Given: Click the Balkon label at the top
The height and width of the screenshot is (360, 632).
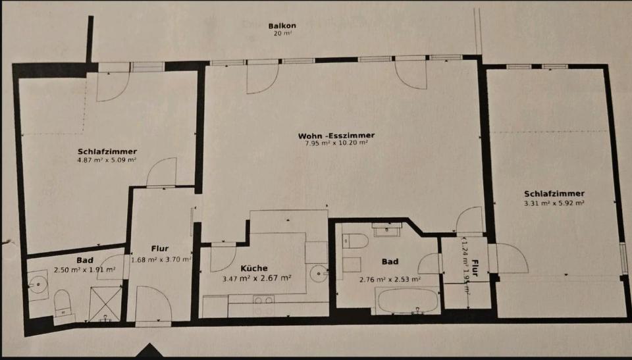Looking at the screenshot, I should coord(282,26).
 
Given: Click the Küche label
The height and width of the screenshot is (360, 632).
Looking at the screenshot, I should coord(253,268).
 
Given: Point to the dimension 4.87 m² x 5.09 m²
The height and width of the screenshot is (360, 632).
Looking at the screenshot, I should coord(107,159).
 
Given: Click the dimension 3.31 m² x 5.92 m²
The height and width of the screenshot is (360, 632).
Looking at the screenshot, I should coord(554,203).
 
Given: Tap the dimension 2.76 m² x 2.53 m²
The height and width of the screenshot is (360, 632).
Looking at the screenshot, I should coord(390,279).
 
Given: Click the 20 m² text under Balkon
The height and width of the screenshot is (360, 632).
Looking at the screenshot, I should coord(282,34).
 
